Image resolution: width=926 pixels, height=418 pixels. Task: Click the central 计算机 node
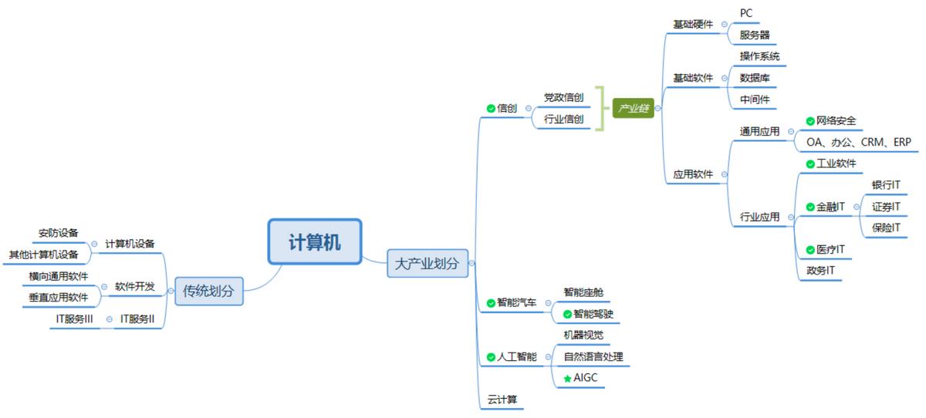point(314,241)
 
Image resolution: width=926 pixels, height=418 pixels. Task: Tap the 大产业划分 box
point(427,263)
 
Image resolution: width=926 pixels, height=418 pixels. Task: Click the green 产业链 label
point(634,109)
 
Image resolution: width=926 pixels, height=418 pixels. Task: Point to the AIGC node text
point(586,378)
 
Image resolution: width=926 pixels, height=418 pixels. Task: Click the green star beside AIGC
point(567,379)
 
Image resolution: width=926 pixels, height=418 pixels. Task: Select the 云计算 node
point(502,399)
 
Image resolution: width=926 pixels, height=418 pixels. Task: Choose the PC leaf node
point(746,13)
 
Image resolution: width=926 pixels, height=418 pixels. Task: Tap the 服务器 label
point(754,35)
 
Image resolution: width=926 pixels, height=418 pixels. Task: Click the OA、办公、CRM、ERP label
point(858,142)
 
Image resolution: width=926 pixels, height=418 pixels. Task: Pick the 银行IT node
point(885,185)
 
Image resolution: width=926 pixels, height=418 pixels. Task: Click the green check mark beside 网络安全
point(809,121)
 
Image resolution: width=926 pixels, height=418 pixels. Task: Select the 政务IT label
point(820,271)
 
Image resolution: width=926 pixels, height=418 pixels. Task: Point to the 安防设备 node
point(58,233)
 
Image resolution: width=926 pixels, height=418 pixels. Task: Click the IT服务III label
point(74,319)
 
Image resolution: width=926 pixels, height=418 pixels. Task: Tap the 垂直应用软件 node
point(58,297)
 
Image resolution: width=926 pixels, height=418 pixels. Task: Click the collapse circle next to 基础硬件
point(724,24)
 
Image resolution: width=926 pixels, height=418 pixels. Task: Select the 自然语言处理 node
point(593,356)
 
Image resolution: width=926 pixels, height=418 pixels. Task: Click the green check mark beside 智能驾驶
point(567,314)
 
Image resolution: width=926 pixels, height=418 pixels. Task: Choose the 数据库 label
point(754,78)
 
